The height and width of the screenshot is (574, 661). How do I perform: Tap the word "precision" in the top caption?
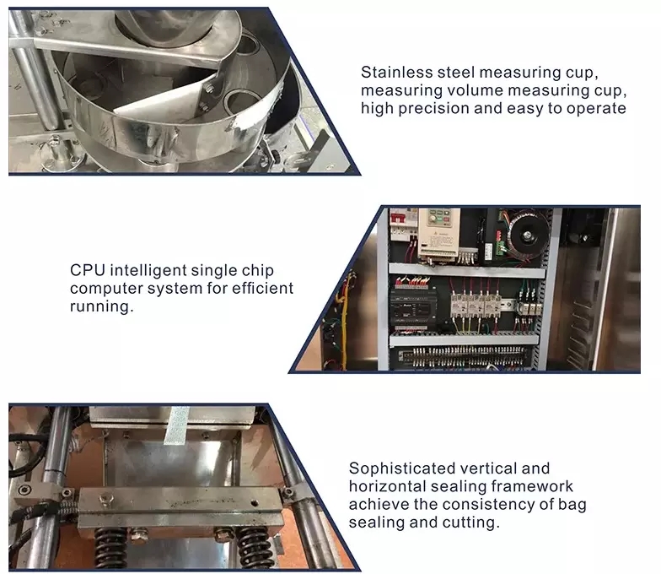(442, 109)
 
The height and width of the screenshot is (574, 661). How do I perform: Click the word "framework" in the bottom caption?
(532, 486)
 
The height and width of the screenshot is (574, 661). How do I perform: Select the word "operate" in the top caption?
(598, 109)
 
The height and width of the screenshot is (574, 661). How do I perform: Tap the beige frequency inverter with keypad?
(438, 233)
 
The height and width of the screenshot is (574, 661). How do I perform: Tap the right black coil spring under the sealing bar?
(253, 546)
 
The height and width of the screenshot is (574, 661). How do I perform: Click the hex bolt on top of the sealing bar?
(222, 533)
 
